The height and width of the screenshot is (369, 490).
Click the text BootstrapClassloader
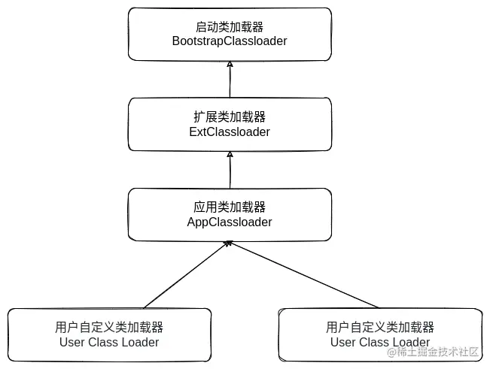(230, 41)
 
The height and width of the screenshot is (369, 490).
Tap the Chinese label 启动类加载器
(230, 26)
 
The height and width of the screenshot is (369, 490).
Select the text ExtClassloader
(230, 132)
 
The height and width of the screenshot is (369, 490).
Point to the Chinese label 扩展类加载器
(230, 116)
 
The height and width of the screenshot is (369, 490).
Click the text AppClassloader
(230, 222)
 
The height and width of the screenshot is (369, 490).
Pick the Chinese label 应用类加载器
(230, 207)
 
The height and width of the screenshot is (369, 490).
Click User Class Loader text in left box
(109, 342)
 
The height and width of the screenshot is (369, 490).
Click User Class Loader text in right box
(380, 342)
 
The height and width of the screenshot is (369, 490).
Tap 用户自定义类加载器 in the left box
(109, 327)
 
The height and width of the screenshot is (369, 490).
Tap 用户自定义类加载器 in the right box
(380, 327)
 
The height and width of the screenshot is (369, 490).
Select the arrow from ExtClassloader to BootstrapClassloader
(230, 80)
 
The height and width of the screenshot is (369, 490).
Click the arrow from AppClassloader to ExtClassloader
(230, 170)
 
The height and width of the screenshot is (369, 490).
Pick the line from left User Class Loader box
(184, 275)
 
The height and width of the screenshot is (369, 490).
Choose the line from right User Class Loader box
(305, 275)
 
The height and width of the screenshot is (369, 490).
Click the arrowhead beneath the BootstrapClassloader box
(230, 65)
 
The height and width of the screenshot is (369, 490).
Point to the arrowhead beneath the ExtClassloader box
(230, 154)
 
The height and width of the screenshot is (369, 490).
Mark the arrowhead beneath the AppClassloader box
(229, 244)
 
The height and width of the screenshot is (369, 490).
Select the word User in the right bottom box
(343, 342)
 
